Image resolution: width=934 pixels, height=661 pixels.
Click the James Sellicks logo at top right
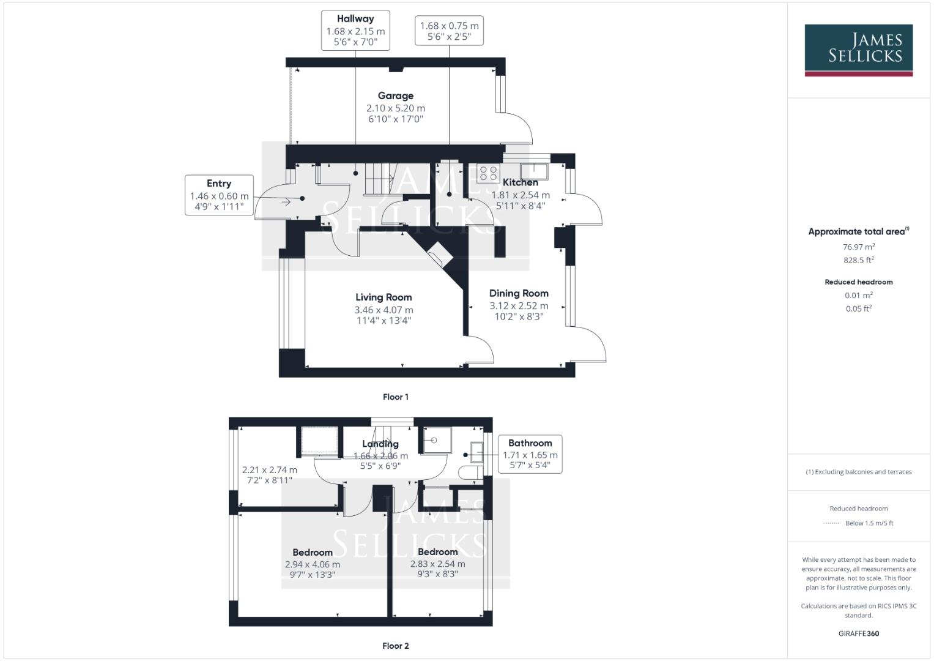858,50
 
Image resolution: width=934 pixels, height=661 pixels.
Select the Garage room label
395,95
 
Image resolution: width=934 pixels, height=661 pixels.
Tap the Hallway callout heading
355,19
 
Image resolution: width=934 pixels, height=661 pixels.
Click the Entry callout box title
219,184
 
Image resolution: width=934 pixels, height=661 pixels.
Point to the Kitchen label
521,182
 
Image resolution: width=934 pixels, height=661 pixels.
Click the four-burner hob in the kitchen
488,173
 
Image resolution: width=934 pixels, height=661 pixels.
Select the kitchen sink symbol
534,171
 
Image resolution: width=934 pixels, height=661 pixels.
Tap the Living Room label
384,297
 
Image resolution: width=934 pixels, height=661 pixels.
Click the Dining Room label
519,293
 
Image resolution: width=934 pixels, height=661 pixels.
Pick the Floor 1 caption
396,397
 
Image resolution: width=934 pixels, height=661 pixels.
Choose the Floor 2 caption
396,646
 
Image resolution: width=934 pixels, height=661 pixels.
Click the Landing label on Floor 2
380,444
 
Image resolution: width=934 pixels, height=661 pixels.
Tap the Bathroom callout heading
530,443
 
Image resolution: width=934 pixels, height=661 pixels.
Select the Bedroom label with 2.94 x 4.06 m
313,552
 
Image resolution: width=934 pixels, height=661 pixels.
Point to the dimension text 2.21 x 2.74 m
270,470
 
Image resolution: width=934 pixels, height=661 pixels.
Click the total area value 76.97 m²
859,247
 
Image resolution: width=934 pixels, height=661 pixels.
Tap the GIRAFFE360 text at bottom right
859,633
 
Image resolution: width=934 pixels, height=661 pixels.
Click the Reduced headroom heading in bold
859,282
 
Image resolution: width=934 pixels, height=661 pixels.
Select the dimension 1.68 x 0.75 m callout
449,26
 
